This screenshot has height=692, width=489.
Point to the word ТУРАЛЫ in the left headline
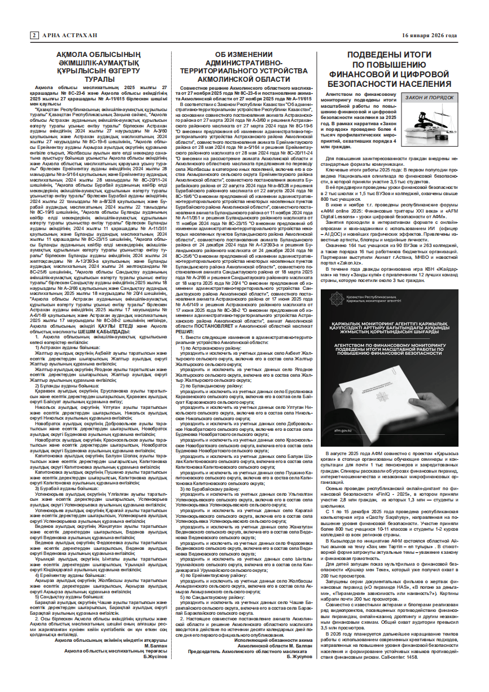click(88, 78)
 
